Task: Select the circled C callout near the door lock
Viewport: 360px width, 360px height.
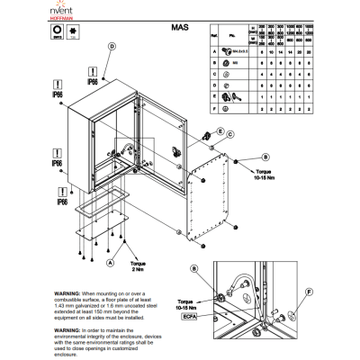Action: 231,133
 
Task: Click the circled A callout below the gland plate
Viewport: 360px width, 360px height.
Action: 111,262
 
